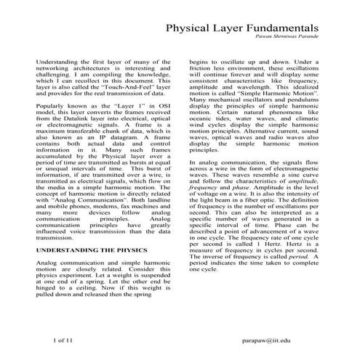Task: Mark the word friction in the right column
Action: point(205,71)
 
